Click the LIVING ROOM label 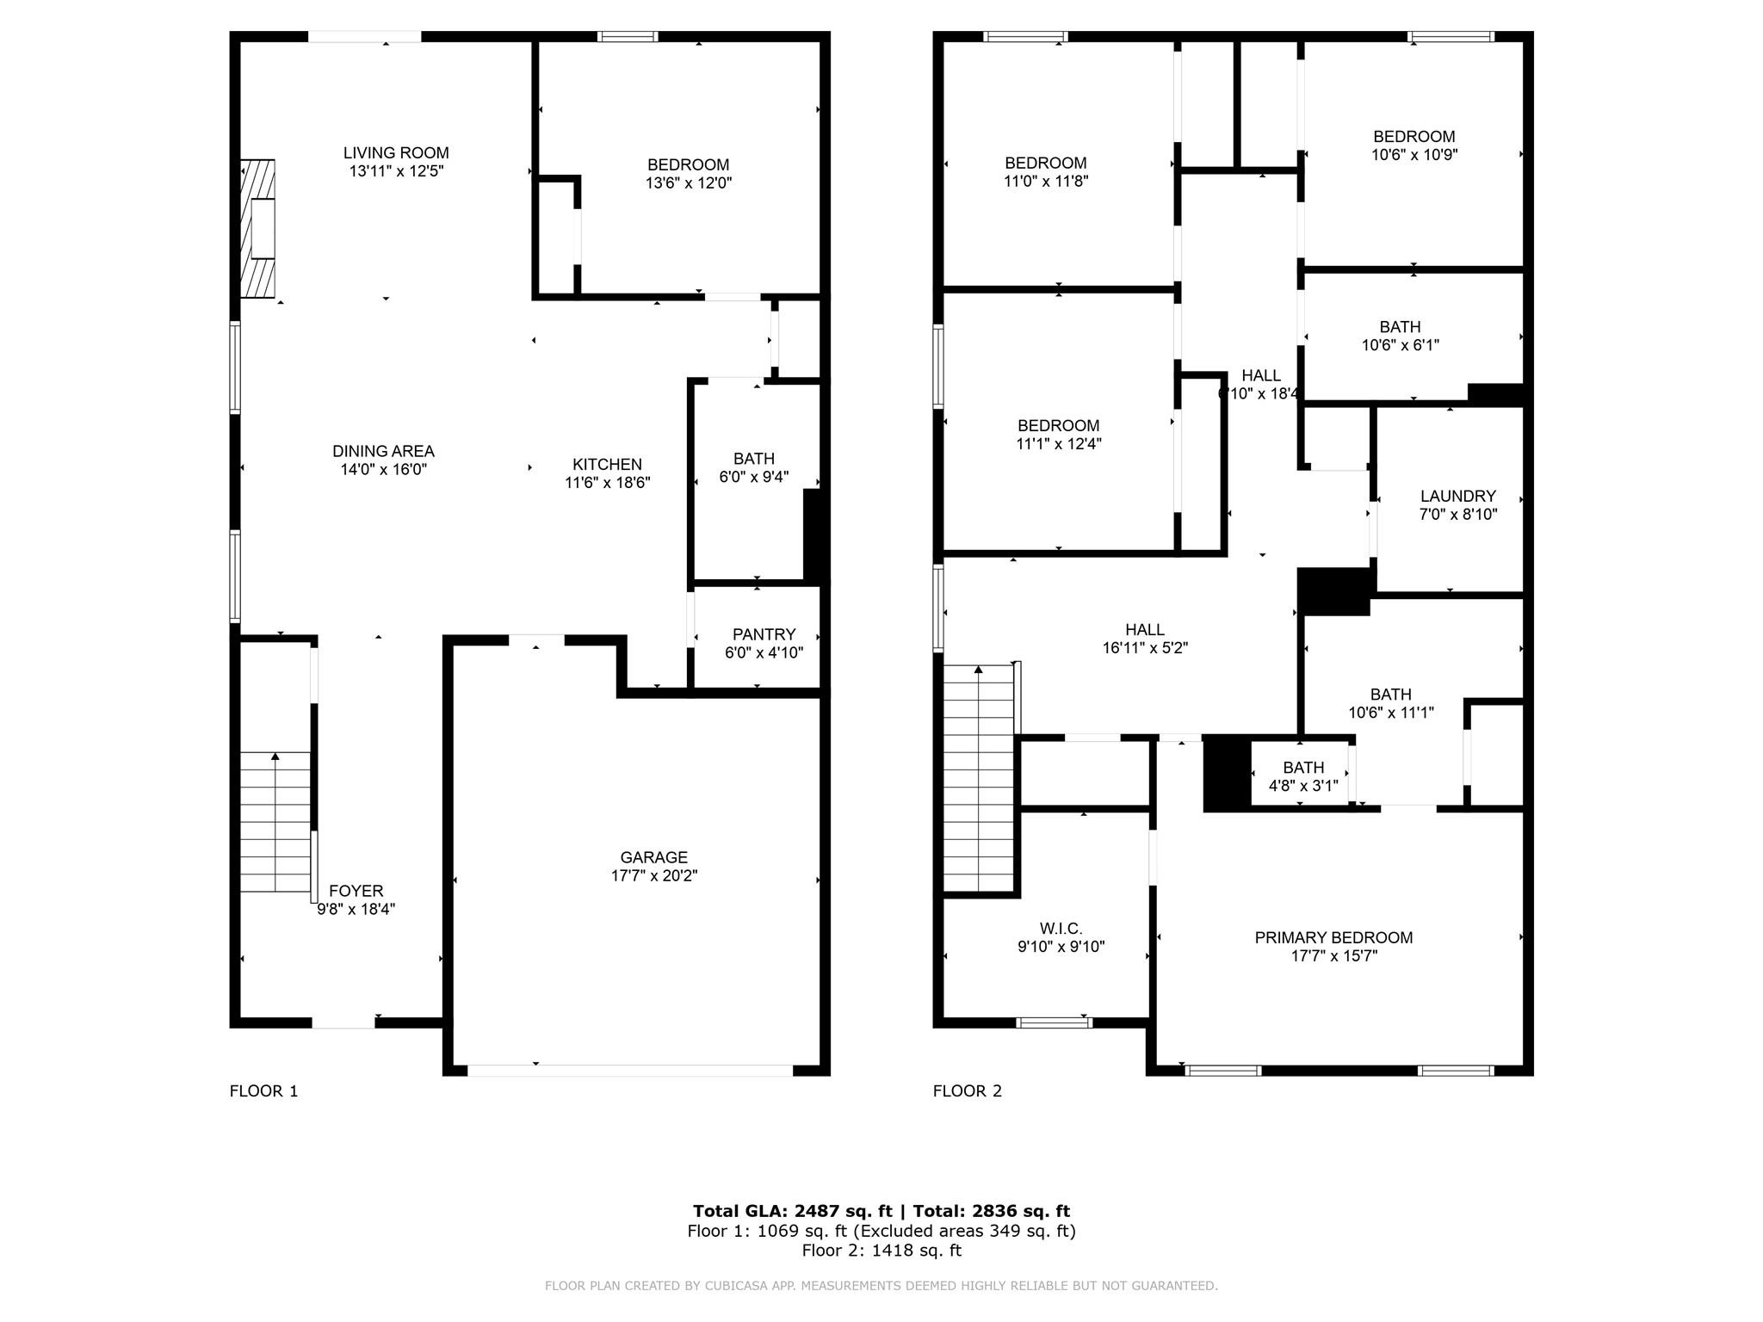pos(396,153)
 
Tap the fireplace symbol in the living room pos(258,228)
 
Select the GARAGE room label pos(653,857)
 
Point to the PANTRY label pos(764,634)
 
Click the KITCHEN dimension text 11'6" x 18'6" pos(607,483)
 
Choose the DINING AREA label pos(383,451)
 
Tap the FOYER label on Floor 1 pos(356,891)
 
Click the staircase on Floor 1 pos(275,822)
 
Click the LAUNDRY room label pos(1457,496)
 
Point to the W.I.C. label pos(1061,929)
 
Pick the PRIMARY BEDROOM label pos(1333,937)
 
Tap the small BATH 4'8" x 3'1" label pos(1302,768)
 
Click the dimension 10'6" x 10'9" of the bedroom pos(1413,155)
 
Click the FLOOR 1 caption pos(263,1091)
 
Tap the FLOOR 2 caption pos(968,1091)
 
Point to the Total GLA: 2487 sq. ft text pos(792,1211)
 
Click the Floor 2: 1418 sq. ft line pos(881,1251)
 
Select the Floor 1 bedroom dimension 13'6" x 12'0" pos(688,182)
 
